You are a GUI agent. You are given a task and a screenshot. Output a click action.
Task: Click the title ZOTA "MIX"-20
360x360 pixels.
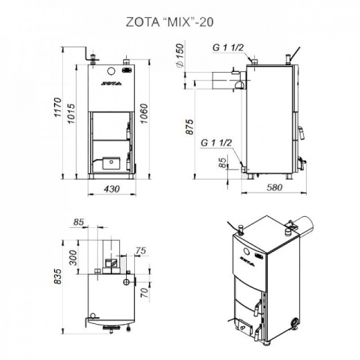point(170,22)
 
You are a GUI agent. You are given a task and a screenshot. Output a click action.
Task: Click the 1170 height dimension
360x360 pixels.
point(57,107)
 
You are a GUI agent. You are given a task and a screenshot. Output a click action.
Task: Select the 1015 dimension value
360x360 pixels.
point(71,114)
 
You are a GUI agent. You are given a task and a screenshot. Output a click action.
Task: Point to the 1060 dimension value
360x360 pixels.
point(144,114)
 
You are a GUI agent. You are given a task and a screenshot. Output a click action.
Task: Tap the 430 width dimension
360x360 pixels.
point(112,189)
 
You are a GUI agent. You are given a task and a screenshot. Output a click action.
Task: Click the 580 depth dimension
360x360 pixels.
point(275,187)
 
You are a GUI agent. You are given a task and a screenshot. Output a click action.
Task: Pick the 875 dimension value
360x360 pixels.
point(190,127)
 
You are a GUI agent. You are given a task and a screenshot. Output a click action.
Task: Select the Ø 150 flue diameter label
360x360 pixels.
point(180,55)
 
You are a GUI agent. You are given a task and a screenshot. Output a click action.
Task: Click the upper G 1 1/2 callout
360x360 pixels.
point(228,48)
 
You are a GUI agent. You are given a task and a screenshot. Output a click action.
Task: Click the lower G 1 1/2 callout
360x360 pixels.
point(216,143)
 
